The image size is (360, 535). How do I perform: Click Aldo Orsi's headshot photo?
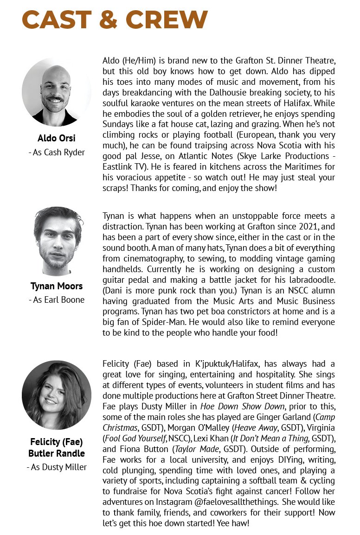pos(57,92)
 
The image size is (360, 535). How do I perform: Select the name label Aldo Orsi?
pos(57,139)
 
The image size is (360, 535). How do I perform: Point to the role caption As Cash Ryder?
pos(57,152)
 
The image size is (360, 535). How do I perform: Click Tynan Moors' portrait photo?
pos(57,241)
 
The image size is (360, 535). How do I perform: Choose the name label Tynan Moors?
pos(57,286)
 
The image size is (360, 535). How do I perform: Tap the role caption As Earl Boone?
pos(57,299)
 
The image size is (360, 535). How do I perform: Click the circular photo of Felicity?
pos(57,395)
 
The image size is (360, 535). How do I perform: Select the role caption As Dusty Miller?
pos(57,467)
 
